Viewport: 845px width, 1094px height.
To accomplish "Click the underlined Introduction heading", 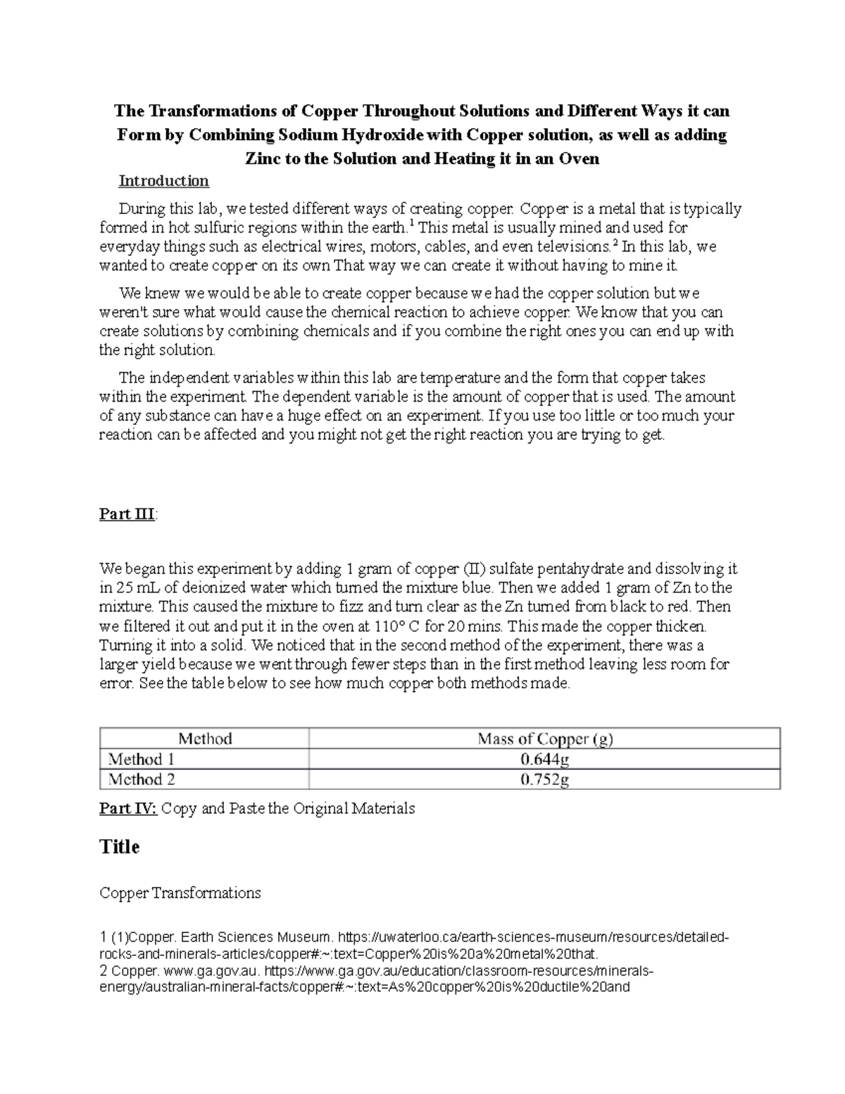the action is point(163,181).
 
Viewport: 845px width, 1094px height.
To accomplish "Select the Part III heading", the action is point(127,514).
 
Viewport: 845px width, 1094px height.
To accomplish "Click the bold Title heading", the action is point(120,847).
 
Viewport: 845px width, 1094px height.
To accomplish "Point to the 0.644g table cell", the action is point(544,759).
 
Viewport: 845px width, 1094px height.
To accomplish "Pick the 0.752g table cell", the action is point(544,779).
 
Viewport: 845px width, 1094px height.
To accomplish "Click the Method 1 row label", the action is point(141,759).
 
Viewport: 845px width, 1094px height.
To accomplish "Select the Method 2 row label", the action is point(141,779).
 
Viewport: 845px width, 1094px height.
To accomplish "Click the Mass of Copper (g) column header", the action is point(544,739).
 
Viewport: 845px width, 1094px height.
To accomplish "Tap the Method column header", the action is point(205,739).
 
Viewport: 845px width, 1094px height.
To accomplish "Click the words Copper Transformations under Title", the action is point(180,893).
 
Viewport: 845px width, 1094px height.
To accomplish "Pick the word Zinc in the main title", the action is point(262,158).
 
